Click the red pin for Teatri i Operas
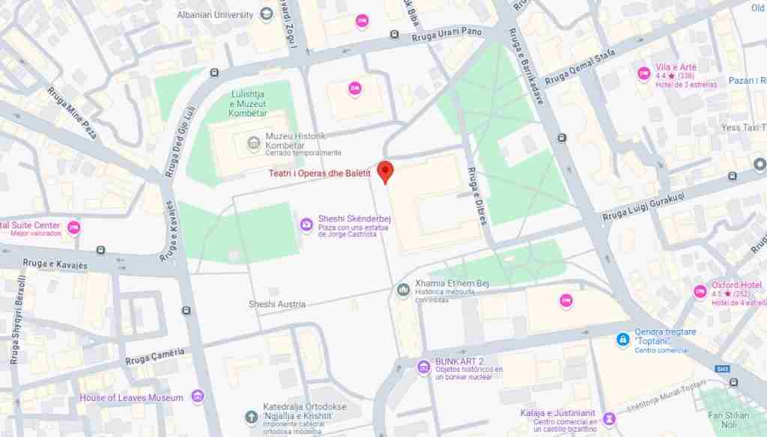(385, 171)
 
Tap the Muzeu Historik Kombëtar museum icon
(253, 142)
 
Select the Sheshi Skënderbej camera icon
(306, 224)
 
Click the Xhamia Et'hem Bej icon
(404, 290)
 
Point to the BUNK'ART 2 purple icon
(424, 367)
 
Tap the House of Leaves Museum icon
(197, 397)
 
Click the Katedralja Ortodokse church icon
(252, 416)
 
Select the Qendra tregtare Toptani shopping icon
(622, 340)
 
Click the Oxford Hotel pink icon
(700, 291)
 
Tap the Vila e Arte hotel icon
(643, 73)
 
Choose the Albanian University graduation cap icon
(266, 14)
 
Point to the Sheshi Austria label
(277, 305)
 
